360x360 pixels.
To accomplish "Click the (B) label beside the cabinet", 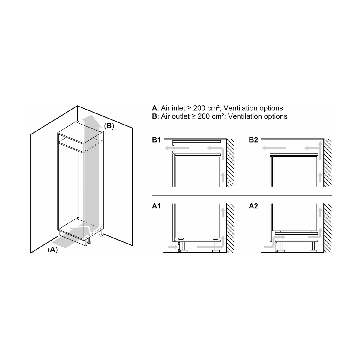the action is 109,126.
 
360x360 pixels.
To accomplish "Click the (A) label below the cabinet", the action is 53,249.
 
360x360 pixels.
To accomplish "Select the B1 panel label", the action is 156,140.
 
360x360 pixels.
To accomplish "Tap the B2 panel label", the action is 253,140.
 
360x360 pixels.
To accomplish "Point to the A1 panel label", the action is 156,206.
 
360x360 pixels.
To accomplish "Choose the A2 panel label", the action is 253,206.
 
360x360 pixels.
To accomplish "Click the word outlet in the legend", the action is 181,116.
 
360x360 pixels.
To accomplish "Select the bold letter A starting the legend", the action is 154,108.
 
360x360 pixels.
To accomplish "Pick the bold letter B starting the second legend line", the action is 154,116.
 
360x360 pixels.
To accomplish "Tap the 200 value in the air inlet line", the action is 199,108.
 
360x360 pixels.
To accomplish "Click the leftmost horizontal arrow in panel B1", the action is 177,148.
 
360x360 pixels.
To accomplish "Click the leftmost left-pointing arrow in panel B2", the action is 274,148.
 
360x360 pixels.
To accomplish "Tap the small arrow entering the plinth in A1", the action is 173,247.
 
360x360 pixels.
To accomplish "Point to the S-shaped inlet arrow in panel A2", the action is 274,242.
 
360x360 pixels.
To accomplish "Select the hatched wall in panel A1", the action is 230,228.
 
